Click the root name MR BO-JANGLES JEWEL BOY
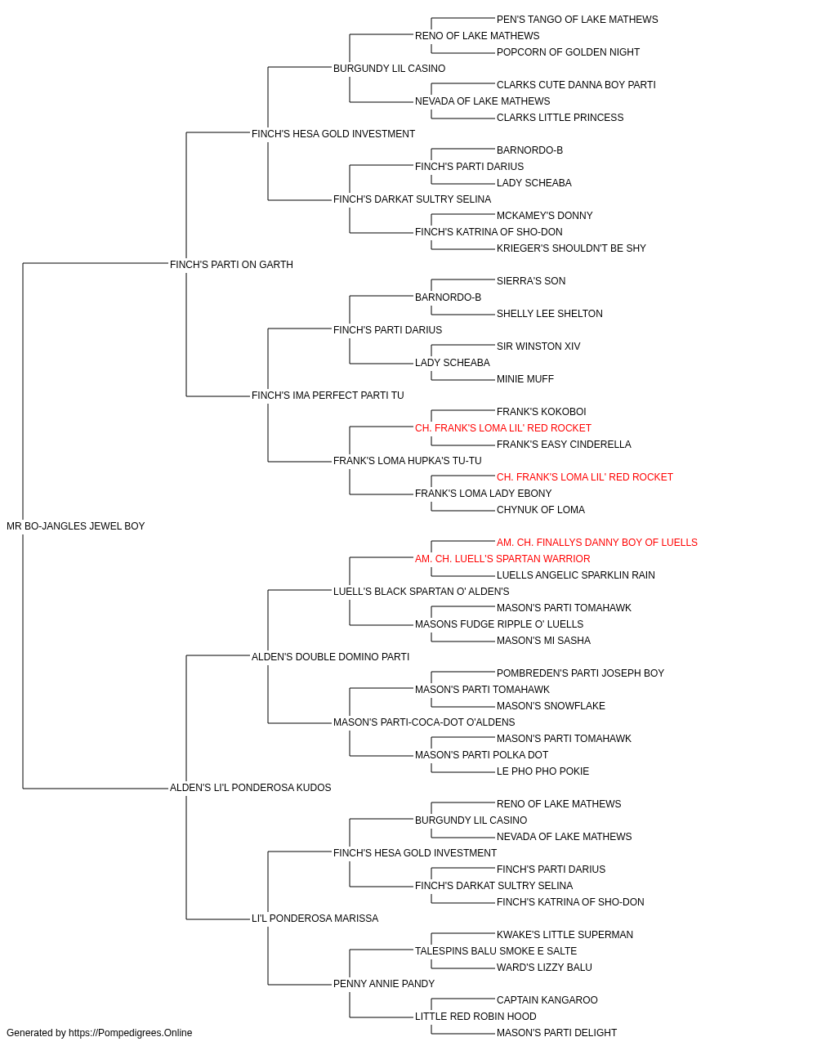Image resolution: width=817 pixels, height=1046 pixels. pyautogui.click(x=75, y=526)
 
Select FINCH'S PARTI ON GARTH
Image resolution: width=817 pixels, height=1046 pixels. pyautogui.click(x=231, y=265)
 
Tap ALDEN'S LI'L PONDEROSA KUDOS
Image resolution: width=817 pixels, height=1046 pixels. pyautogui.click(x=250, y=788)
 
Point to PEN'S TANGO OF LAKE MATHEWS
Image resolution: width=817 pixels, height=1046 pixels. pyautogui.click(x=577, y=20)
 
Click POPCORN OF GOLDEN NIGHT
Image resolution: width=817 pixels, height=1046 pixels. pyautogui.click(x=568, y=52)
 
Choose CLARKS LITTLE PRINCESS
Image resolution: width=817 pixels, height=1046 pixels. pyautogui.click(x=560, y=118)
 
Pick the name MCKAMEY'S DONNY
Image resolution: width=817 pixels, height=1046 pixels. pyautogui.click(x=544, y=216)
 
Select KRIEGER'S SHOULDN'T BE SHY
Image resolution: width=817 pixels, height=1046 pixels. pyautogui.click(x=571, y=248)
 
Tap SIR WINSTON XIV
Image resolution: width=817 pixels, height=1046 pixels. pyautogui.click(x=538, y=346)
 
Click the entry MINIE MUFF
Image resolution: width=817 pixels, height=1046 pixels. pyautogui.click(x=525, y=379)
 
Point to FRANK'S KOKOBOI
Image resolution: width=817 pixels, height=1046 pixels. pyautogui.click(x=542, y=412)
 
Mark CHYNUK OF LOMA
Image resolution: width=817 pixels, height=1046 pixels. pyautogui.click(x=540, y=510)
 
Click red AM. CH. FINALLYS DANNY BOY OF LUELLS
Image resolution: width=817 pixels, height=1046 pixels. pyautogui.click(x=596, y=543)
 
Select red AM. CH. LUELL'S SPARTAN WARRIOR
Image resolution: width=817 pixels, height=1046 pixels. pyautogui.click(x=502, y=559)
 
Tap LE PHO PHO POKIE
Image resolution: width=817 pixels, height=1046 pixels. pyautogui.click(x=542, y=771)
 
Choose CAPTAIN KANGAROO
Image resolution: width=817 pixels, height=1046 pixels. pyautogui.click(x=547, y=1000)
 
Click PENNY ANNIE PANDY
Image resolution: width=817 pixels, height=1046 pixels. pyautogui.click(x=384, y=984)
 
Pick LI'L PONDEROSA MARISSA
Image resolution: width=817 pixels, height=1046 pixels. pyautogui.click(x=315, y=919)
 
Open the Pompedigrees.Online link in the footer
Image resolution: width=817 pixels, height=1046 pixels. pyautogui.click(x=130, y=1033)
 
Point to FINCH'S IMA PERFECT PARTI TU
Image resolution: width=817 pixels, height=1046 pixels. pyautogui.click(x=328, y=396)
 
